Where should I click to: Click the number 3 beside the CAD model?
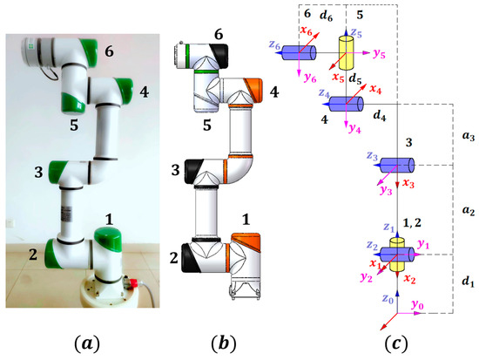(176, 167)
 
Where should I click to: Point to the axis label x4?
(375, 88)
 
